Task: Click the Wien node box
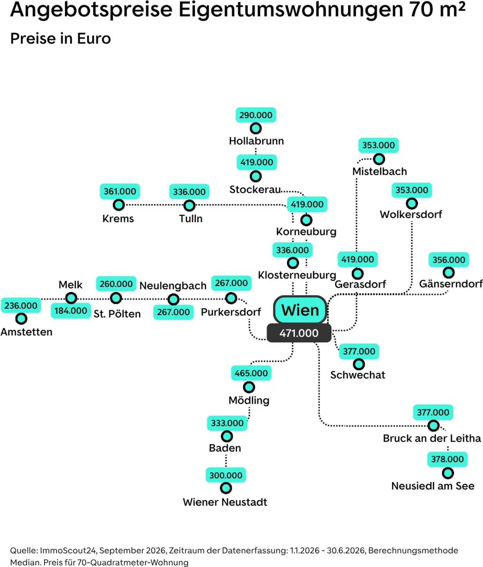(x=300, y=310)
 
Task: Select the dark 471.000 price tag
(x=299, y=333)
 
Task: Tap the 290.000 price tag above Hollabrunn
(x=256, y=115)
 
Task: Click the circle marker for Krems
(x=119, y=205)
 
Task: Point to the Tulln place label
(x=190, y=219)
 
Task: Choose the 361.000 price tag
(x=120, y=191)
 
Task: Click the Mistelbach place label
(x=379, y=171)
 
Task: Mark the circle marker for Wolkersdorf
(x=412, y=203)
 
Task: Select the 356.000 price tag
(x=448, y=260)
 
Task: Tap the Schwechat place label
(x=357, y=375)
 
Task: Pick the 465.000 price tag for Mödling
(x=251, y=373)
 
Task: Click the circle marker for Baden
(x=227, y=436)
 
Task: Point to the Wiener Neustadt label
(x=225, y=502)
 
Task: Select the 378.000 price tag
(x=447, y=459)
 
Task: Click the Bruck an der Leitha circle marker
(x=433, y=426)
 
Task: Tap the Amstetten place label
(x=27, y=332)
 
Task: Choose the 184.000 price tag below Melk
(x=71, y=311)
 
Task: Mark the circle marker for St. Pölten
(x=116, y=298)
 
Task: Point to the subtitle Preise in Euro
(x=61, y=39)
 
